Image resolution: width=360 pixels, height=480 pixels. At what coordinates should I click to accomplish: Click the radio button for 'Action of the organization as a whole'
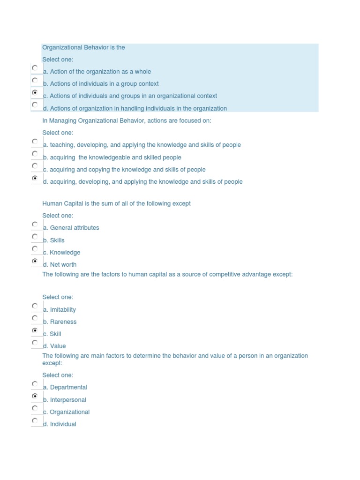(35, 68)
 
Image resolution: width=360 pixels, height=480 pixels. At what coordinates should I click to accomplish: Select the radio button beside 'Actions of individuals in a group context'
(35, 80)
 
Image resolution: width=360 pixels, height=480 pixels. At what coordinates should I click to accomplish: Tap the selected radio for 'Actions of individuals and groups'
(35, 93)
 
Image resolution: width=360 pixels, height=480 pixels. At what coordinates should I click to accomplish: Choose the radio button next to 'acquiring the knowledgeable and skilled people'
(35, 154)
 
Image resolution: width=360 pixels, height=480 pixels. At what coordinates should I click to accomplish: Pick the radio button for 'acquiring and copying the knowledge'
(35, 166)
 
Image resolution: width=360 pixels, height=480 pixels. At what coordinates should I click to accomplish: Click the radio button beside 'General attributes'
(35, 224)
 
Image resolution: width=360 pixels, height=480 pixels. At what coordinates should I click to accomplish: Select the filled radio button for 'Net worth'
(35, 261)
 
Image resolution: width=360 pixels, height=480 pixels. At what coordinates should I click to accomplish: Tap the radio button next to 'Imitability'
(35, 306)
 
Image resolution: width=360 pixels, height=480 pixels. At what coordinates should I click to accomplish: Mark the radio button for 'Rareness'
(35, 318)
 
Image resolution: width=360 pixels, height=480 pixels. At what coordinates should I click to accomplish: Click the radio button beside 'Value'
(35, 343)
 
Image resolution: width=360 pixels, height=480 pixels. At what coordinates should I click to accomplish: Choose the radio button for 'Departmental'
(35, 384)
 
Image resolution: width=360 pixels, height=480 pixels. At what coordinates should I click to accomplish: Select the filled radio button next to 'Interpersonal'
(35, 397)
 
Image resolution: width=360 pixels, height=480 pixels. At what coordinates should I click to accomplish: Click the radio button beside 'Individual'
(35, 420)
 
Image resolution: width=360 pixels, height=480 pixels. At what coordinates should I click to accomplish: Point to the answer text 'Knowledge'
(65, 253)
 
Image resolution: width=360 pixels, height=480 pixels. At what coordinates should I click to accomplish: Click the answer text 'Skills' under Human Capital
(57, 240)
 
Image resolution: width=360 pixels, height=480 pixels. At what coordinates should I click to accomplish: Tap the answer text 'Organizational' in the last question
(69, 412)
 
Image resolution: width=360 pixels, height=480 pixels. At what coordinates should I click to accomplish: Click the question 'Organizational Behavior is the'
(83, 47)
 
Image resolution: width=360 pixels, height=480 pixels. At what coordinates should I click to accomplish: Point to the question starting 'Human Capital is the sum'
(116, 203)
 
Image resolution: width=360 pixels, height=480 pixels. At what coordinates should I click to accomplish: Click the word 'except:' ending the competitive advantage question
(282, 275)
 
